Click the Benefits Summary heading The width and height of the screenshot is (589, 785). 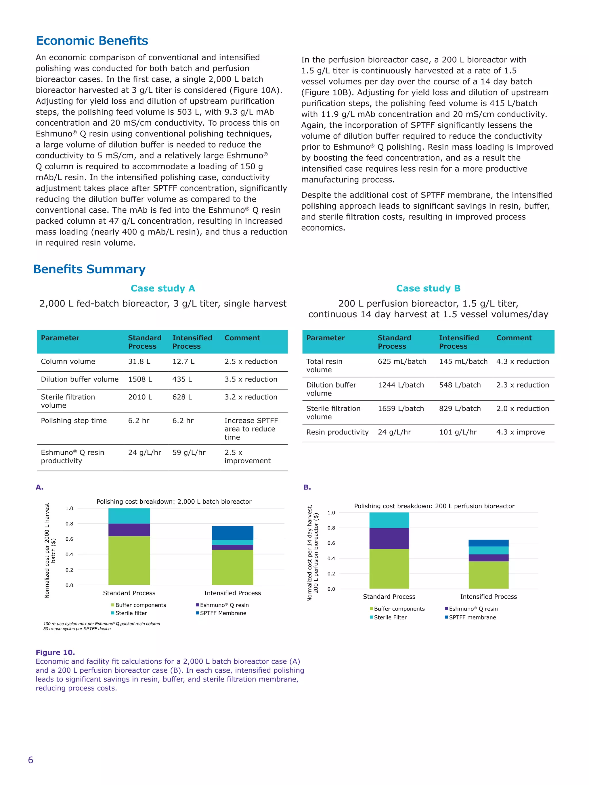pos(89,269)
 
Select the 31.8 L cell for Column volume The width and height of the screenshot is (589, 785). pos(139,361)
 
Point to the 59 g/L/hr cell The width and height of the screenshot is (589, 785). pos(189,452)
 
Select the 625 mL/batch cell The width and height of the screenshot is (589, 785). pos(402,361)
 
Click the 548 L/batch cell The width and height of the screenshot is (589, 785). pos(460,385)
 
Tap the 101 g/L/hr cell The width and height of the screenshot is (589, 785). pos(458,432)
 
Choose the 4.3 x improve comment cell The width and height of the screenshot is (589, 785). pos(521,432)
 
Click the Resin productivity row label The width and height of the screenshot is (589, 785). pos(337,432)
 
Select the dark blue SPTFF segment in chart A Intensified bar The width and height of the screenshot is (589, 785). pos(233,533)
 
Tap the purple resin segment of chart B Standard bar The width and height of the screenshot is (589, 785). pos(389,538)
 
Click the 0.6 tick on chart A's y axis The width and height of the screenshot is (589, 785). pos(69,539)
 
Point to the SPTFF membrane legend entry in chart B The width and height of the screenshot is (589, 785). pos(472,617)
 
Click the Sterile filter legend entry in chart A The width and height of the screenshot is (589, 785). pos(131,613)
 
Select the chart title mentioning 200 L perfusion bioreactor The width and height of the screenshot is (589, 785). pos(434,506)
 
